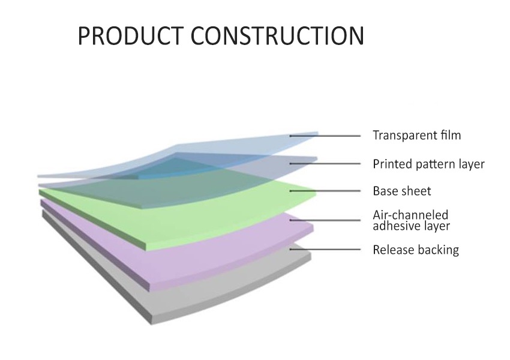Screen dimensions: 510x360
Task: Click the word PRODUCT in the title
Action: tap(130, 35)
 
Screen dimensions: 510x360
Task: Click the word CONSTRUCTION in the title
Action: tap(277, 35)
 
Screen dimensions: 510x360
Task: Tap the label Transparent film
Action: tap(416, 135)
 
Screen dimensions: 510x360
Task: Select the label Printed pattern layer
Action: tap(428, 164)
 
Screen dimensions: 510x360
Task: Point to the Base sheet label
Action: tap(401, 191)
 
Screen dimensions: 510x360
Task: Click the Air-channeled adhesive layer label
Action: tap(411, 220)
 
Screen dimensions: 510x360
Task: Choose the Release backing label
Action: tap(416, 250)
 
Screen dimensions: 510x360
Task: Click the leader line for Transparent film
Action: tap(325, 136)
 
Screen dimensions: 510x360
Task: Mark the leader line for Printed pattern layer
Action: tap(325, 164)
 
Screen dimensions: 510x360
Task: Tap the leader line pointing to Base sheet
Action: tap(325, 191)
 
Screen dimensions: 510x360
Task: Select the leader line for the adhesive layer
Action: tap(325, 220)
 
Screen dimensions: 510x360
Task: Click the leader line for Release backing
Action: tap(325, 250)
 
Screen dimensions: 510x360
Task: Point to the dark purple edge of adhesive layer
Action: tap(95, 245)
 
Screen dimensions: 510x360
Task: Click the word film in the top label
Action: tap(451, 135)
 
